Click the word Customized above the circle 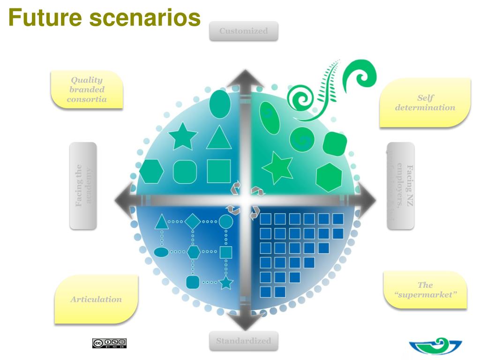(x=243, y=31)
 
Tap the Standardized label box (x=243, y=341)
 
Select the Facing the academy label (x=83, y=186)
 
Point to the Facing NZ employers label (x=401, y=186)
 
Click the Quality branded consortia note (x=87, y=90)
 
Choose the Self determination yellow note (x=425, y=103)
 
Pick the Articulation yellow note (x=96, y=299)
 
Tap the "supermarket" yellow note (x=425, y=290)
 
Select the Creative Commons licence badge (x=109, y=343)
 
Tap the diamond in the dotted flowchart (x=193, y=221)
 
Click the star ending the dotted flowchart (x=226, y=283)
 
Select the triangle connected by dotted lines (x=162, y=222)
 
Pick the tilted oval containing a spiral (x=270, y=117)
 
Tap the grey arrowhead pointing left (x=123, y=200)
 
